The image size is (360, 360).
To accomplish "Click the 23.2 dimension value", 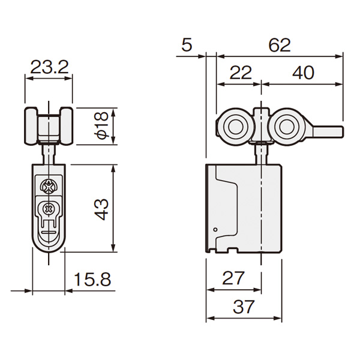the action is point(49,67).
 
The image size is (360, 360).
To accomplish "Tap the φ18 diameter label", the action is point(102,125).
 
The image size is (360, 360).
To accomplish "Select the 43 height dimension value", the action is point(101,209).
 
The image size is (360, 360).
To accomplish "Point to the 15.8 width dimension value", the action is point(92,280).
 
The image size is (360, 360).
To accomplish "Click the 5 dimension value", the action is point(187,45).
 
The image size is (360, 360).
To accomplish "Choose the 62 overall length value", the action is point(280,45).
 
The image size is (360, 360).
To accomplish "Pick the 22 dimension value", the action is point(241,73).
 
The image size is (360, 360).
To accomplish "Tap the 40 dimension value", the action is point(303,73).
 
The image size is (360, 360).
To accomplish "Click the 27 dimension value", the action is point(233,278).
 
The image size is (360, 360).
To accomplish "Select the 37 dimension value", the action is point(244,307).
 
